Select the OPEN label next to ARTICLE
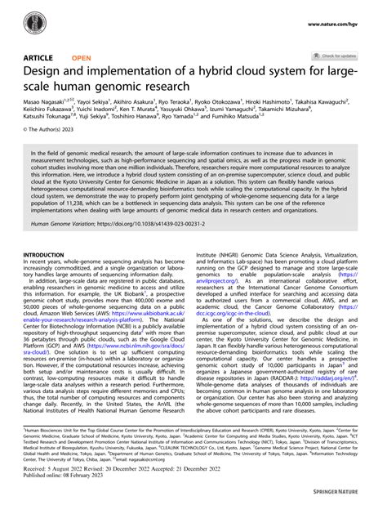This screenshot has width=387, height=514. click(x=82, y=58)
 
